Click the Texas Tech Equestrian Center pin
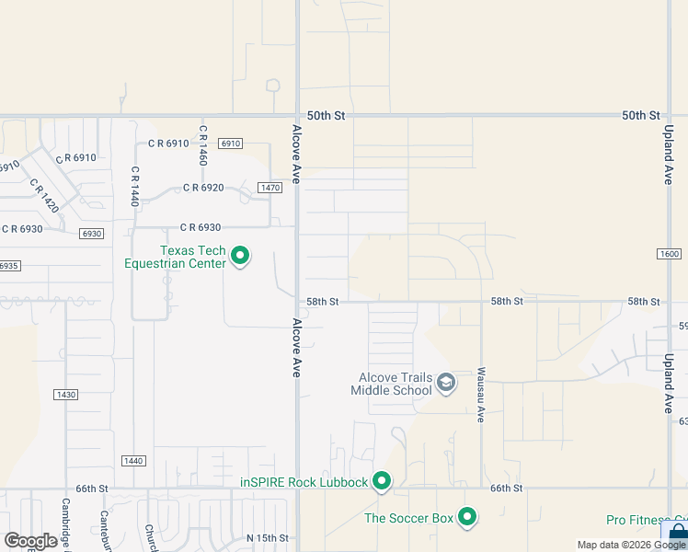240,255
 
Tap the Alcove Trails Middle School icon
446,383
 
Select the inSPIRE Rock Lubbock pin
382,481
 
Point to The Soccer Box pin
467,517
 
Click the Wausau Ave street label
480,395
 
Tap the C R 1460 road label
202,146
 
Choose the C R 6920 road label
203,188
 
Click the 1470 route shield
269,188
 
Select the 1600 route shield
669,254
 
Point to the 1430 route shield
65,395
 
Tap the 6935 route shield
8,265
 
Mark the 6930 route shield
90,234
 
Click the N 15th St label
268,538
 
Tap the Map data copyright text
631,545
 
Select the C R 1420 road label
44,195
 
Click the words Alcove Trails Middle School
391,384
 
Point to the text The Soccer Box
409,518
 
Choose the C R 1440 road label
134,185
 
